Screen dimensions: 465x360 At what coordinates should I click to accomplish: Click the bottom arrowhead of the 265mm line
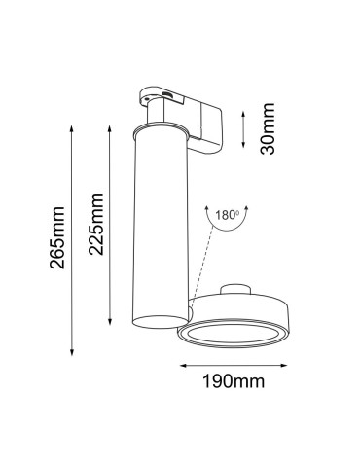70,353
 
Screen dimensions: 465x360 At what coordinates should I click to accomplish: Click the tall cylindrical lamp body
155,233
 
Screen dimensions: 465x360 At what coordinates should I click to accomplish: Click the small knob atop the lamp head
239,290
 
